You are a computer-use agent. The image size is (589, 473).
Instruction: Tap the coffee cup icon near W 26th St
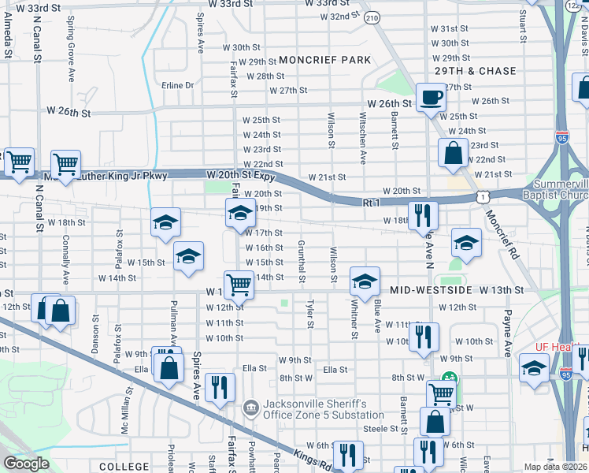pyautogui.click(x=431, y=98)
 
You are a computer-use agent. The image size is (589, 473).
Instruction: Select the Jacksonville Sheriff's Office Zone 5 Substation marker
pyautogui.click(x=250, y=408)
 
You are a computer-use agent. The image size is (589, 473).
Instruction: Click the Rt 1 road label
pyautogui.click(x=372, y=203)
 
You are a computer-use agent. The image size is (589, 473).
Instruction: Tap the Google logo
pyautogui.click(x=26, y=463)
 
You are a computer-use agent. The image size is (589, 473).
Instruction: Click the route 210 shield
pyautogui.click(x=372, y=17)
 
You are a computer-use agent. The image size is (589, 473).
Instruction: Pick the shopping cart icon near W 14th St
pyautogui.click(x=239, y=284)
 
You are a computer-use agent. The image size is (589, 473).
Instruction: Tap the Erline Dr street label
pyautogui.click(x=177, y=85)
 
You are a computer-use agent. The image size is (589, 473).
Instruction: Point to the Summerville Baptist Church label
pyautogui.click(x=558, y=187)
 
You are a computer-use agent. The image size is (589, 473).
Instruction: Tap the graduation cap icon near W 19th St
pyautogui.click(x=240, y=212)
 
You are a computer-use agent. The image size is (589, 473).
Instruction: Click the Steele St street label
pyautogui.click(x=383, y=428)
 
